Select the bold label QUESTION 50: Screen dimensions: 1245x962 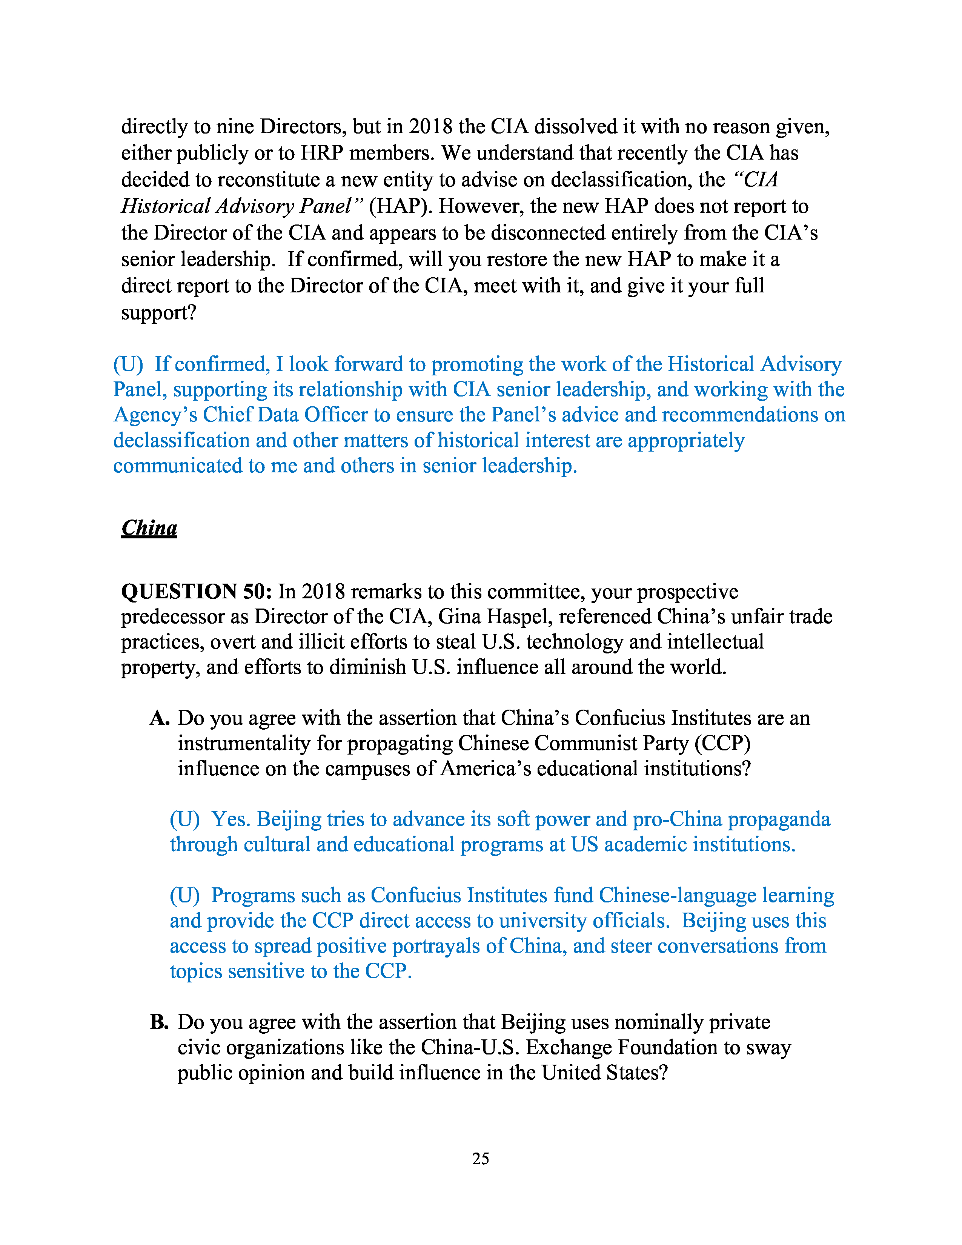click(197, 591)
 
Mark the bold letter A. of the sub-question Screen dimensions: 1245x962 click(160, 718)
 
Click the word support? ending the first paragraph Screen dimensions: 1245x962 click(158, 313)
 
